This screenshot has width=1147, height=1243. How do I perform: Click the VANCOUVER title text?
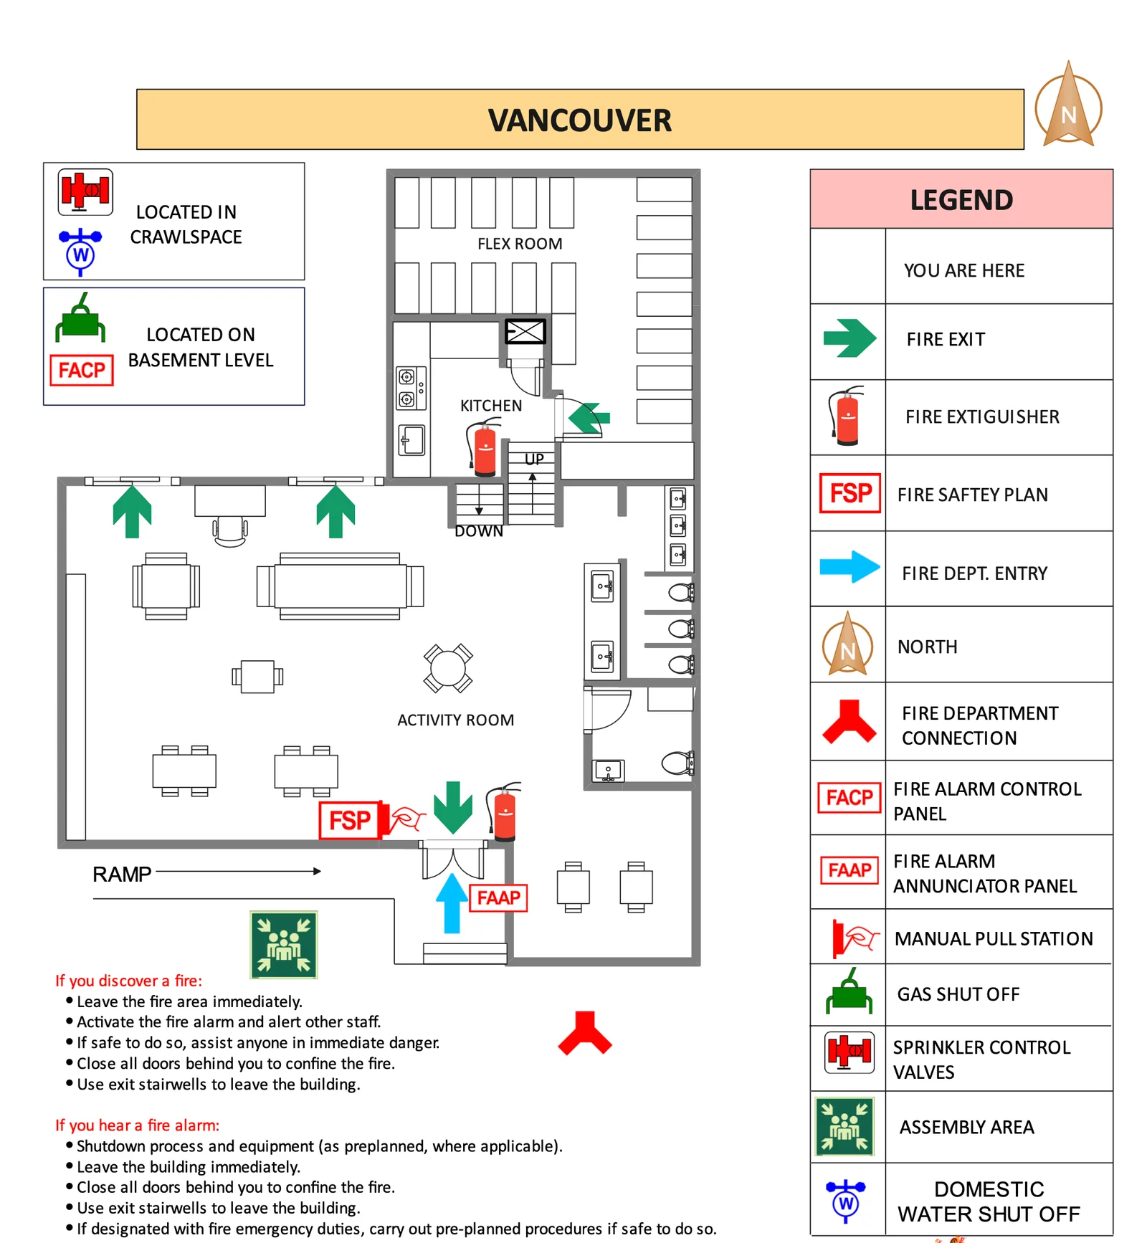pos(579,120)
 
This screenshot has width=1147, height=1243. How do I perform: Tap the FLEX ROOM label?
pos(520,244)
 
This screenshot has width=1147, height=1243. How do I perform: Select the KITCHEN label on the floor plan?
pos(491,406)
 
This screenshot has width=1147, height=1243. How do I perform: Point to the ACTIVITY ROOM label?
pos(455,720)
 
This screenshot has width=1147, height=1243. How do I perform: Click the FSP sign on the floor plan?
pos(349,820)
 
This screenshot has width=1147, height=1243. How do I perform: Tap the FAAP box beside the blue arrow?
pos(498,897)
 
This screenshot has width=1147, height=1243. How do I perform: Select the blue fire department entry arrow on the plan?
pos(452,903)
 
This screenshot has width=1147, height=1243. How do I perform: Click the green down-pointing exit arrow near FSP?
pos(452,807)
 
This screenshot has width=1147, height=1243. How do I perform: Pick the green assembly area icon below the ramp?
pos(284,945)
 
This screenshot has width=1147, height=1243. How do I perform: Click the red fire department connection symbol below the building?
pos(585,1033)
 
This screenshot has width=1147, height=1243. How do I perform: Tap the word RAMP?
pos(122,875)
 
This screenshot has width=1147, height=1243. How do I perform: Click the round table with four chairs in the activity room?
pos(448,668)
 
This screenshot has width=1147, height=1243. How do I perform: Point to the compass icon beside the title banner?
pos(1068,108)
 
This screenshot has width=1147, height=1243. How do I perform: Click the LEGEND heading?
pos(961,200)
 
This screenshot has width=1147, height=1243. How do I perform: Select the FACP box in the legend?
pos(849,798)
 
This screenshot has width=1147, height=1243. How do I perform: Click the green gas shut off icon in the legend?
pos(849,993)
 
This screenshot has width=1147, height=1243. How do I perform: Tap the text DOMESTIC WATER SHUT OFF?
pos(989,1201)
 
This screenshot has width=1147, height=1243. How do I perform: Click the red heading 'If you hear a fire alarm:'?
pos(138,1125)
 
